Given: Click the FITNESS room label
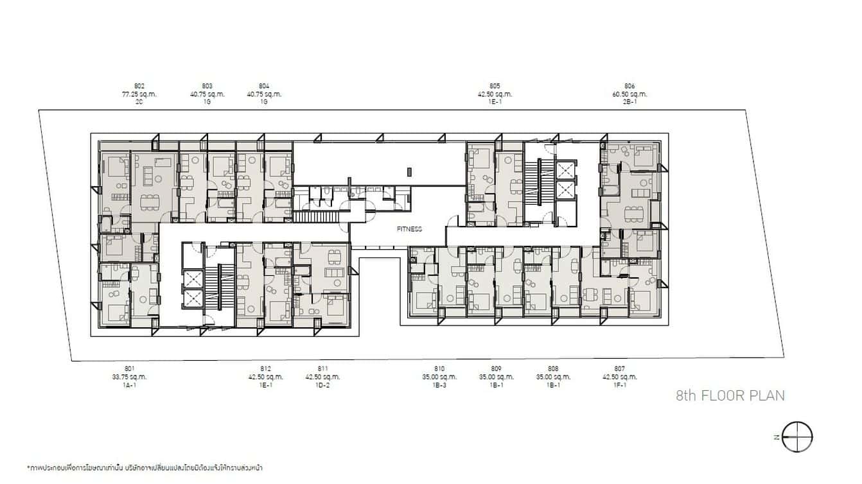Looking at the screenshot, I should point(409,229).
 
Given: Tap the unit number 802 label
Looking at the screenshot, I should point(139,86).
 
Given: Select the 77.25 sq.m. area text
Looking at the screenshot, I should point(139,94).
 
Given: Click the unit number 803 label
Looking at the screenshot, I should point(207,86).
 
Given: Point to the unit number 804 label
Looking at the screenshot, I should point(264,86).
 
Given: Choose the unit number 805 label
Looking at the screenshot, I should point(495,86).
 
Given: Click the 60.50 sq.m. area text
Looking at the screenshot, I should point(629,94).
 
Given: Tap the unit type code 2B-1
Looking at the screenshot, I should point(629,101).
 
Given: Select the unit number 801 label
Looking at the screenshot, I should point(130,368).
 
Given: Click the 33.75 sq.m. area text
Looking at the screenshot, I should point(130,377).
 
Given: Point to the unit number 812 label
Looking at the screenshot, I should point(265,368).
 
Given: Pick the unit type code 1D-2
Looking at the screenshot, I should point(322,385).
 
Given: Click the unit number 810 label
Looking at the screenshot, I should point(439,368).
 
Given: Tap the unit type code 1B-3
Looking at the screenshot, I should point(439,385).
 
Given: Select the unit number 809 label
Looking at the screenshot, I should point(496,368).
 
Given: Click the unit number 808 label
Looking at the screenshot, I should point(553,368).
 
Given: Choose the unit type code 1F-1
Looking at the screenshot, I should point(619,385).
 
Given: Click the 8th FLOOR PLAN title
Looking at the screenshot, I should point(730,395).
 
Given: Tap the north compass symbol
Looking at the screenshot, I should point(799,436).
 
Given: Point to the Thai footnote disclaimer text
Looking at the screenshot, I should point(145,467).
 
